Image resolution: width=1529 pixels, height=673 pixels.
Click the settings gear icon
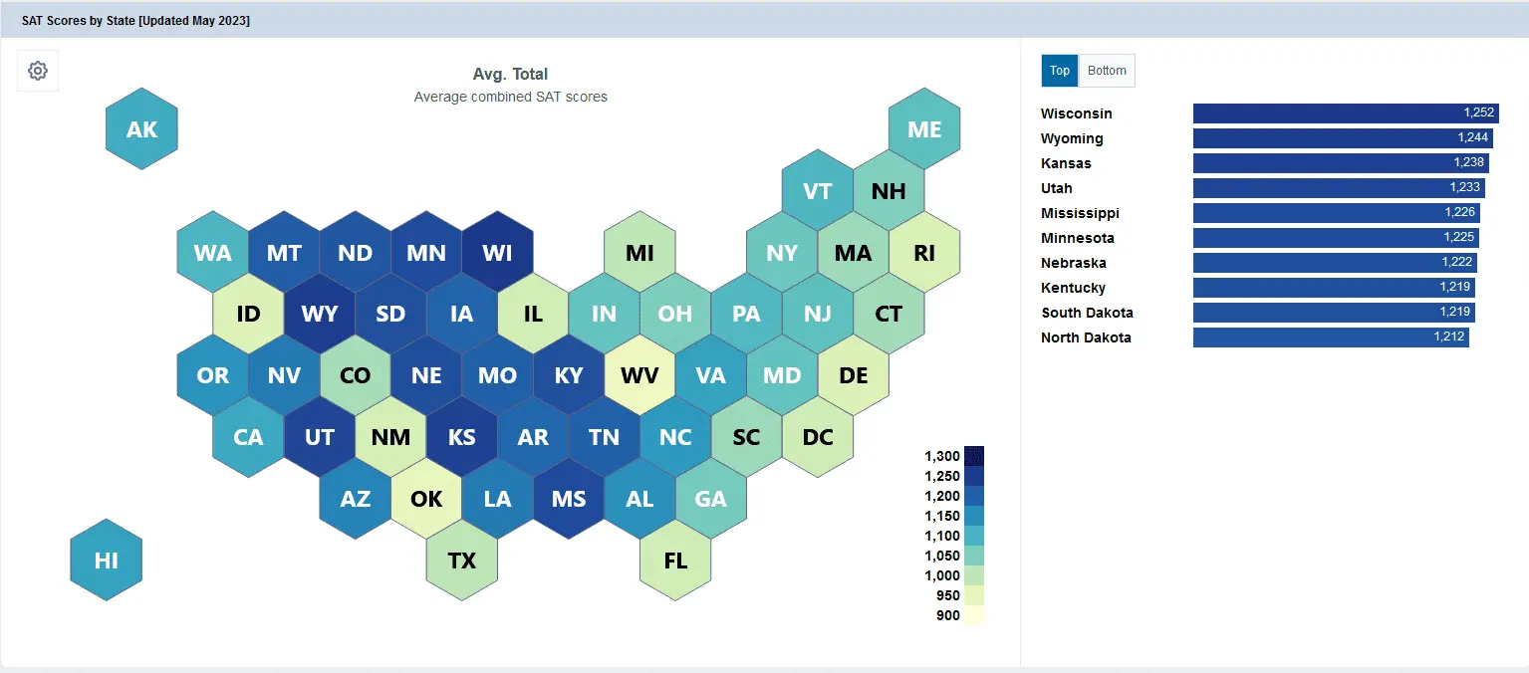click(38, 71)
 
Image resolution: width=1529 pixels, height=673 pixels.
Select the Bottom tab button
click(1107, 71)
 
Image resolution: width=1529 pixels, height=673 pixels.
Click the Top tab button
click(1060, 71)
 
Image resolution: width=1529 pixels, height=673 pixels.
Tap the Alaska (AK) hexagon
click(142, 128)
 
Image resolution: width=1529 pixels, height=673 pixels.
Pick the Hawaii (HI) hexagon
click(107, 560)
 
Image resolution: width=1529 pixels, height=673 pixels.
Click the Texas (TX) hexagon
click(462, 560)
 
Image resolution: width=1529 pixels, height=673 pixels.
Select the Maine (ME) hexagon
click(924, 128)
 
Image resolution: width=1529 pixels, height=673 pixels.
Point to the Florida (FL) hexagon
click(675, 560)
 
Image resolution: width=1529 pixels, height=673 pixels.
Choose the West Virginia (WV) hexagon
click(639, 374)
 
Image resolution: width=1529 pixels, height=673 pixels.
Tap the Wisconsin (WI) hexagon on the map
click(498, 252)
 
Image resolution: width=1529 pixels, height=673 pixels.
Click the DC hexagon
click(818, 436)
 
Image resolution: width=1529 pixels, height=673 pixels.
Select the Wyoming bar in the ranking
click(1344, 138)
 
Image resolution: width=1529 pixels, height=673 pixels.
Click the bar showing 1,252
click(1346, 113)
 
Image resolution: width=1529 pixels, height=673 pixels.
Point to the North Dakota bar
click(1331, 337)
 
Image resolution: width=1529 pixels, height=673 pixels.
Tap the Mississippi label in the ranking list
click(1080, 213)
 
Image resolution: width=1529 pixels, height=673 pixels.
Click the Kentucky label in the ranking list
click(1073, 288)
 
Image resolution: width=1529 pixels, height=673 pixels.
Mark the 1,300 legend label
click(942, 456)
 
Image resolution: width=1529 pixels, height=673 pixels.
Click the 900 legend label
click(948, 615)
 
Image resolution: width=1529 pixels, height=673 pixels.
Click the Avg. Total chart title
click(511, 74)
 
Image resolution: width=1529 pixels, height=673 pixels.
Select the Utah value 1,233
click(1465, 187)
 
